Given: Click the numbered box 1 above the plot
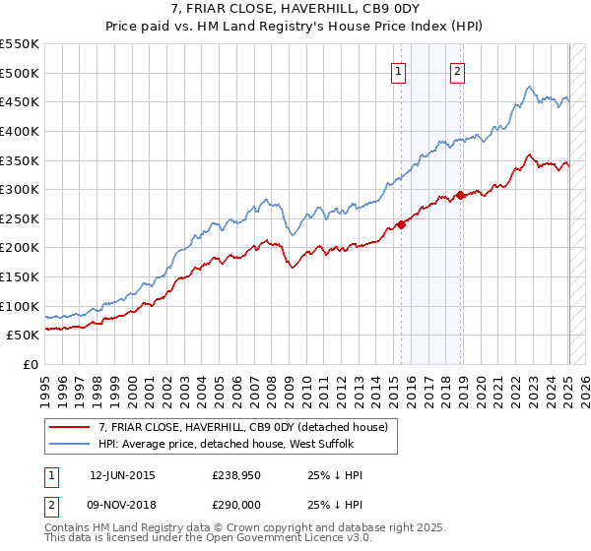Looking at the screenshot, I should (399, 70).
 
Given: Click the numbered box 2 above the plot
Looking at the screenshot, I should (459, 70).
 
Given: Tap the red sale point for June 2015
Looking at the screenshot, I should (402, 224).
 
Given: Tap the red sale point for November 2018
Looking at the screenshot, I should (461, 195).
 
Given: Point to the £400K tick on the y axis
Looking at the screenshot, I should (20, 131).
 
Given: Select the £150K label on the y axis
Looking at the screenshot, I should (20, 276).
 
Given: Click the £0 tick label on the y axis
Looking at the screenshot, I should (30, 364).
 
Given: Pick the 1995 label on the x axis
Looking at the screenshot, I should (45, 388).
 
